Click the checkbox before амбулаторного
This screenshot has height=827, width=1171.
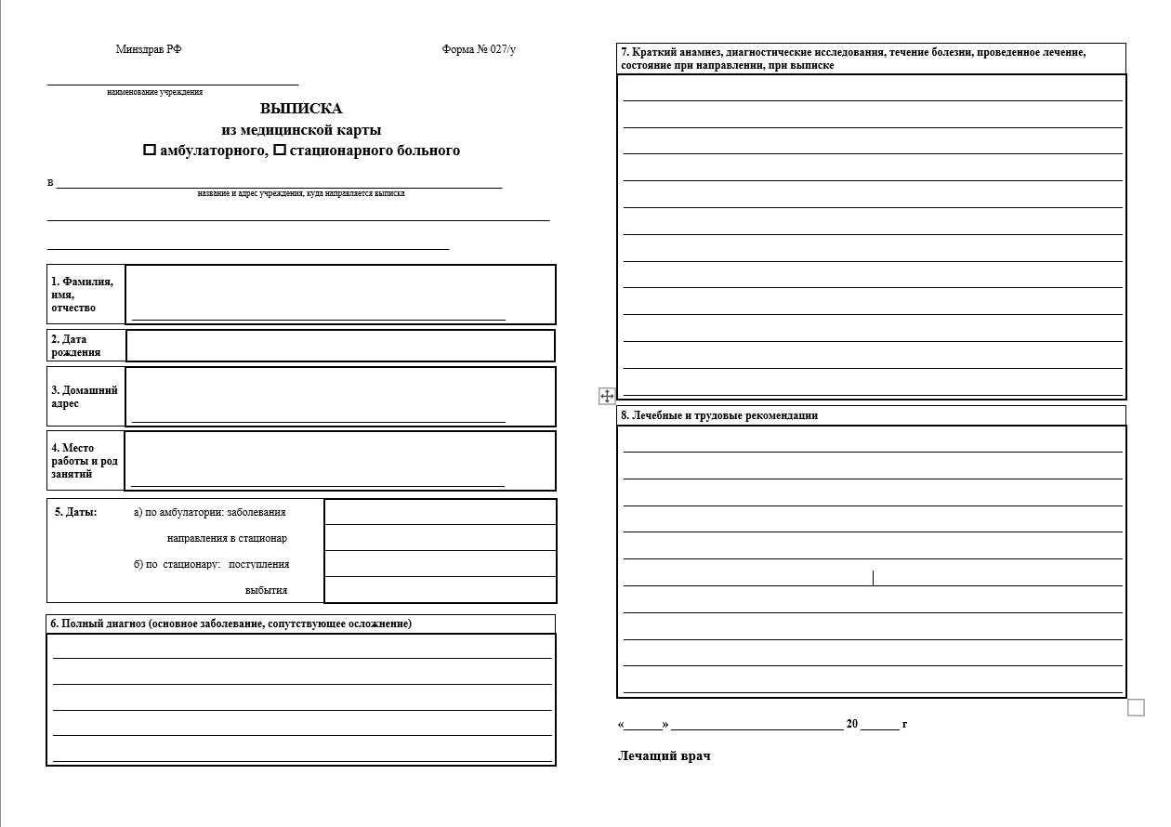click(x=150, y=151)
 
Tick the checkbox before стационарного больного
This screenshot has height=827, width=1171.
click(x=280, y=151)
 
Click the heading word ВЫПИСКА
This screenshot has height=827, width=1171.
click(x=301, y=109)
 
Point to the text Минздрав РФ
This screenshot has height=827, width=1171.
click(x=149, y=50)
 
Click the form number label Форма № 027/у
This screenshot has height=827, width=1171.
click(x=479, y=50)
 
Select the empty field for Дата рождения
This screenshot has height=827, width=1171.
click(x=340, y=346)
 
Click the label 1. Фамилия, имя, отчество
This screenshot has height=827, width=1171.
click(x=84, y=295)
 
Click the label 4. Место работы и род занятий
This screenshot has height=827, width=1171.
click(x=85, y=461)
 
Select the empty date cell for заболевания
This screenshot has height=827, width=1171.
click(x=441, y=512)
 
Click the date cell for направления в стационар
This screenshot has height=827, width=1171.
click(x=441, y=538)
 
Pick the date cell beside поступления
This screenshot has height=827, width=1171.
click(x=441, y=564)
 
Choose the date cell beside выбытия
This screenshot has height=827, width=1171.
click(x=441, y=590)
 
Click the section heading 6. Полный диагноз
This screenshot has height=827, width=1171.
click(x=231, y=624)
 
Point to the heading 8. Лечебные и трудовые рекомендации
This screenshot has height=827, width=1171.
click(x=719, y=416)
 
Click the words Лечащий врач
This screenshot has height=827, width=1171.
click(x=664, y=756)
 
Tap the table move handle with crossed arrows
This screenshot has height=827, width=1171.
click(x=607, y=397)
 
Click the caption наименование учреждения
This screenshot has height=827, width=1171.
click(x=155, y=92)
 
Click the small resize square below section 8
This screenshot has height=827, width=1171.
click(x=1136, y=708)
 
